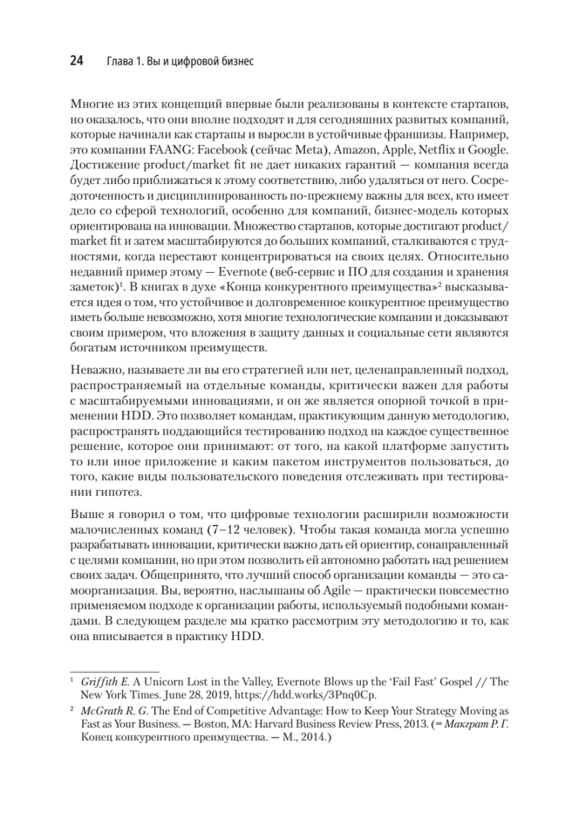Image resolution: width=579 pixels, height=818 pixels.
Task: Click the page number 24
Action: [x=76, y=61]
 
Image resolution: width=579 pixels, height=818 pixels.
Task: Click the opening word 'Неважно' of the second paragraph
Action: [x=93, y=369]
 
